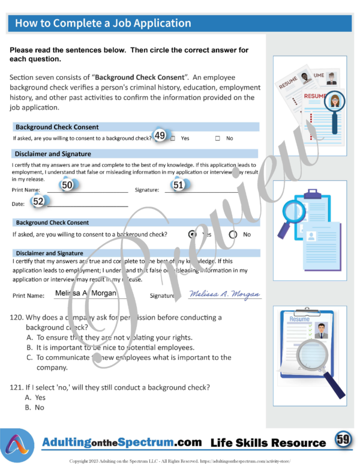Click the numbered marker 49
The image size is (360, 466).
[x=160, y=136]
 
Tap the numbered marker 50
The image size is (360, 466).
[x=68, y=186]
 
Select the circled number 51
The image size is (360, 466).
[x=178, y=186]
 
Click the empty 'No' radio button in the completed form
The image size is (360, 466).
[x=233, y=234]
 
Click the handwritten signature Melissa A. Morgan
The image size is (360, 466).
[x=225, y=294]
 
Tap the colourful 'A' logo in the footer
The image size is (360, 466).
[x=19, y=445]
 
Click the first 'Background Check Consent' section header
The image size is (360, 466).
[x=58, y=127]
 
